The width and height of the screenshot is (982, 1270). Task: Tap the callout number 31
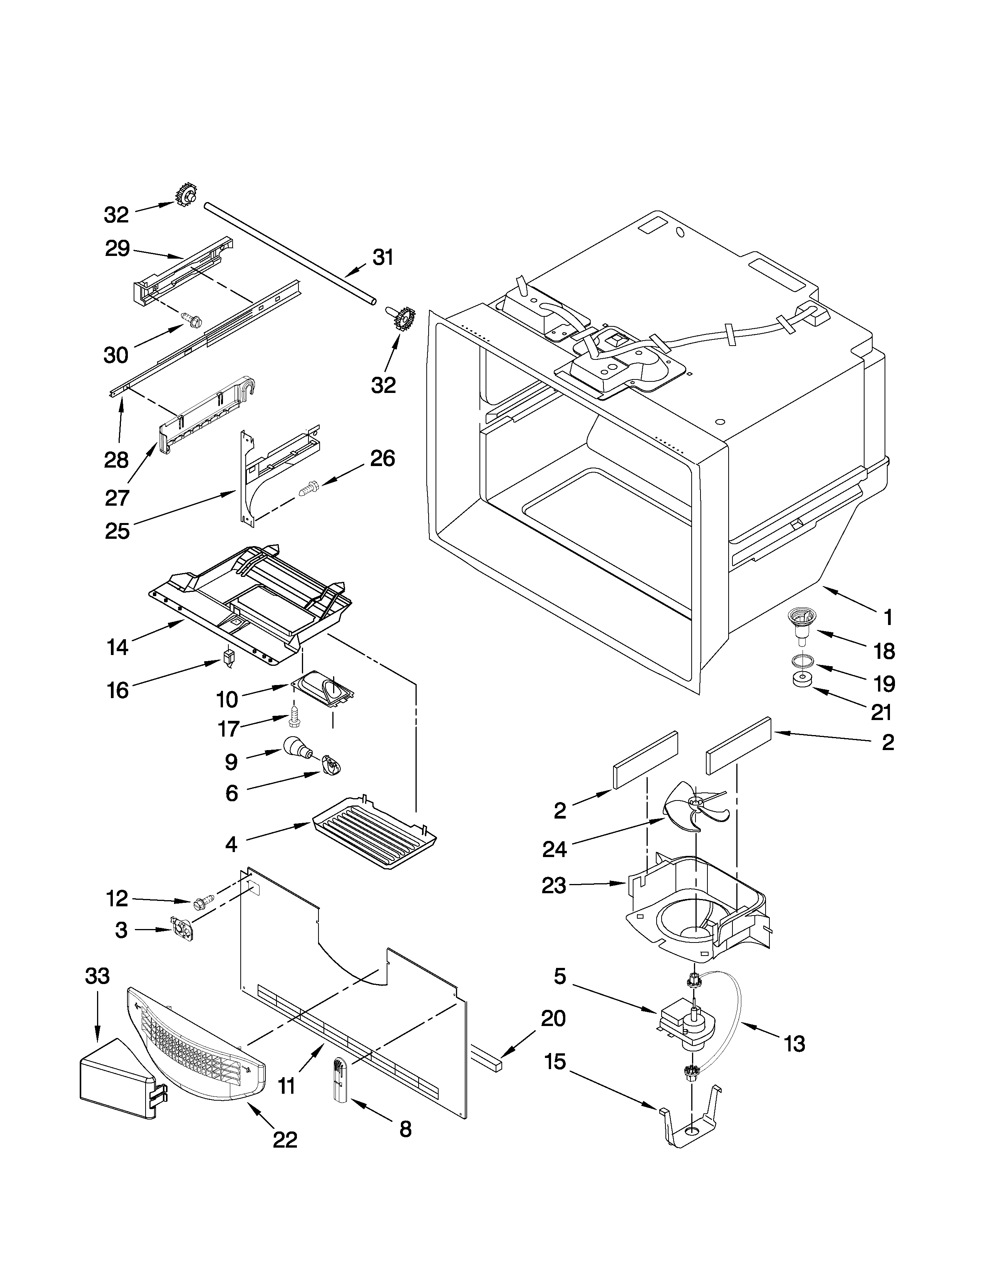tap(383, 257)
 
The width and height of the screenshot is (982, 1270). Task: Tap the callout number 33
tap(97, 975)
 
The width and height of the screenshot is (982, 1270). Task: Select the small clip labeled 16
tap(229, 658)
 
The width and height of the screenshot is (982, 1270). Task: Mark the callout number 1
tap(888, 618)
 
